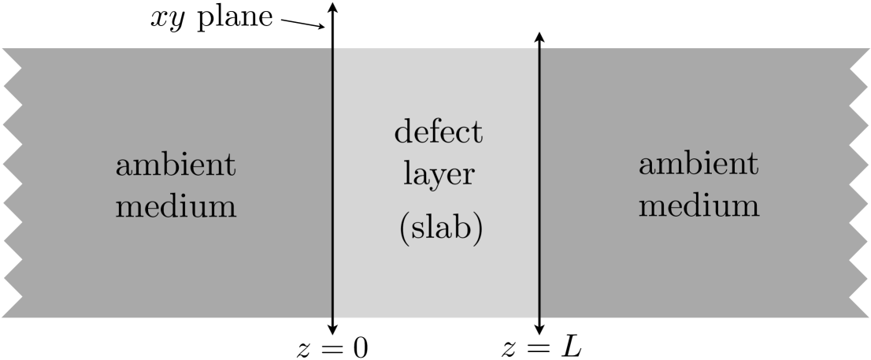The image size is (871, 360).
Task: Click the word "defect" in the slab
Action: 438,132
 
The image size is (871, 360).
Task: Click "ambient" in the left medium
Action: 176,167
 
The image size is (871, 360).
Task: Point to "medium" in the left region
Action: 176,207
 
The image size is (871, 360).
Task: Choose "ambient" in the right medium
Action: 699,165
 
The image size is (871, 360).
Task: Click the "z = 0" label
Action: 332,347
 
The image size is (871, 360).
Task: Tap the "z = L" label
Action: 542,347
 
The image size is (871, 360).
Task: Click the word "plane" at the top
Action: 233,17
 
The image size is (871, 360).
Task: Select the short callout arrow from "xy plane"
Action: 302,24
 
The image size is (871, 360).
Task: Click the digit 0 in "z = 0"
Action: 360,347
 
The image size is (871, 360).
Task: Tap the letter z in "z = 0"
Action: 302,349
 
